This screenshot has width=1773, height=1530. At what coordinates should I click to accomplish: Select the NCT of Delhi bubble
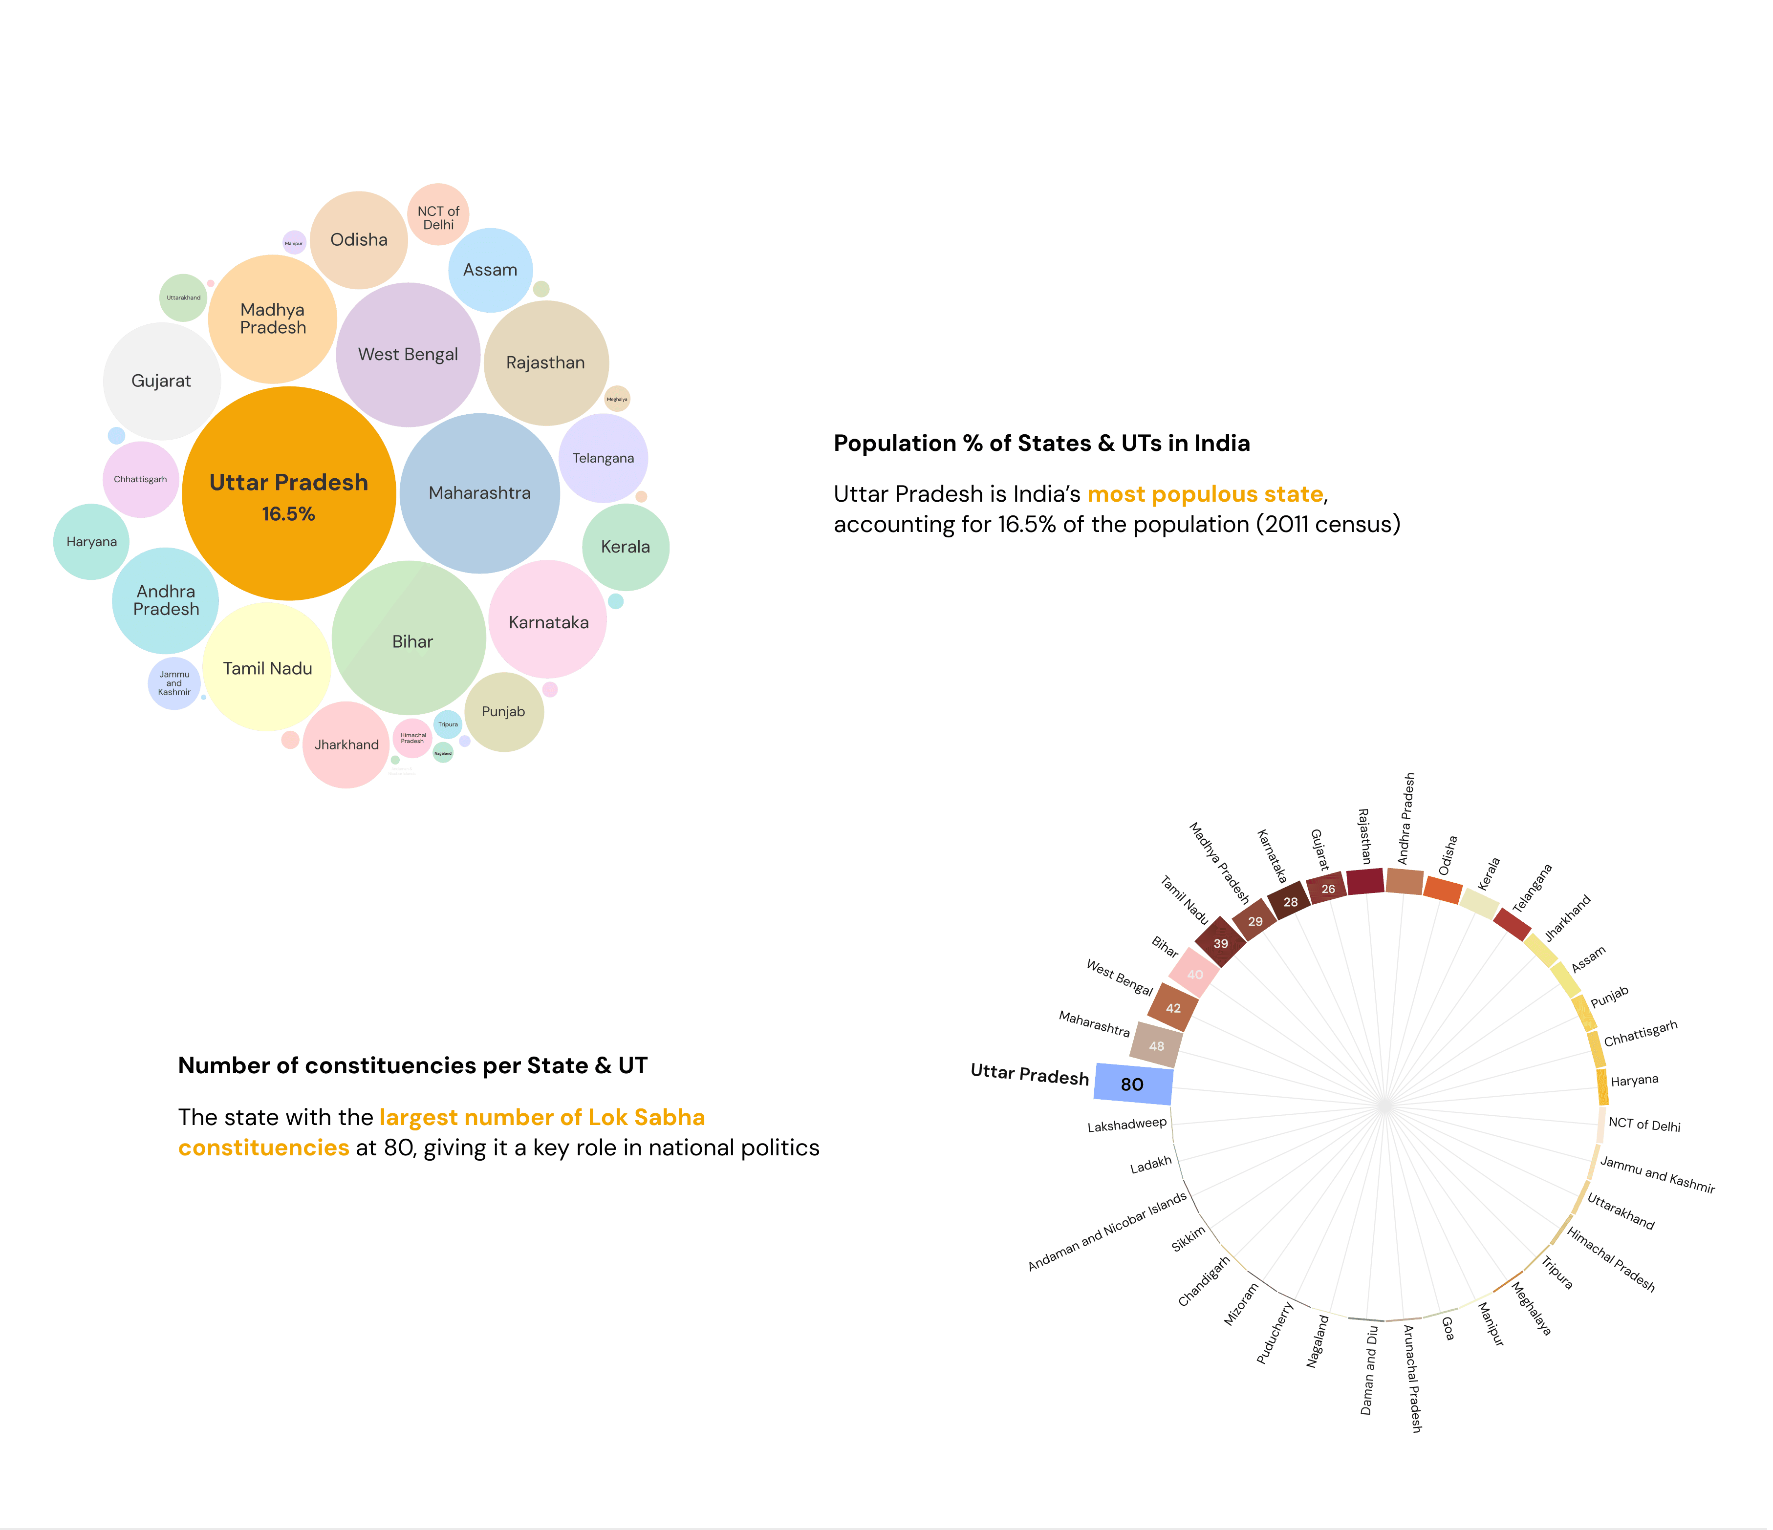438,214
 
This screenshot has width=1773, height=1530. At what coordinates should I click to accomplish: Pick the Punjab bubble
503,712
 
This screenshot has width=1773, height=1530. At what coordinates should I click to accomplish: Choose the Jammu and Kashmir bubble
174,683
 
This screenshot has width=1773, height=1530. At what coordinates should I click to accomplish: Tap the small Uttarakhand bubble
183,297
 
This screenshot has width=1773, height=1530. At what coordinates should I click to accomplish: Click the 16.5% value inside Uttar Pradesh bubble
288,514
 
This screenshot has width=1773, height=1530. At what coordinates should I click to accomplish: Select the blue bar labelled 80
1133,1084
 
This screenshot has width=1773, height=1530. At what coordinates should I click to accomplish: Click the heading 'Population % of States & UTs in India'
1041,443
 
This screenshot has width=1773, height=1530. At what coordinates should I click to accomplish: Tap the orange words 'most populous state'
1205,494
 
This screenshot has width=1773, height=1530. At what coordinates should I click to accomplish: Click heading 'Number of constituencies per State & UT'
412,1065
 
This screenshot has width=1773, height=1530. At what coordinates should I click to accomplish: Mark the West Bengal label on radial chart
1119,977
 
